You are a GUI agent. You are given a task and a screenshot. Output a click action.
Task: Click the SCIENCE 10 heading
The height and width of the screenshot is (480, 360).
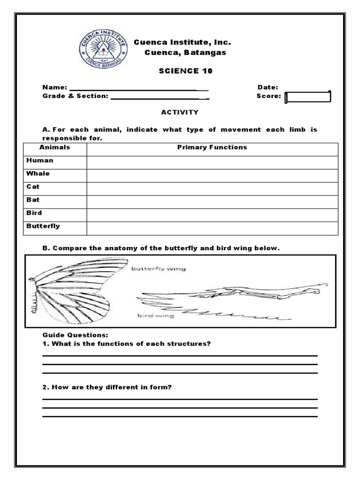pos(185,71)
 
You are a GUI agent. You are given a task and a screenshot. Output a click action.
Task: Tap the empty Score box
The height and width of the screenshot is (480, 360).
pos(308,97)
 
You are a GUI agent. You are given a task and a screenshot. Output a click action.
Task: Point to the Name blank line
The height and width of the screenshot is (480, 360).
pos(138,89)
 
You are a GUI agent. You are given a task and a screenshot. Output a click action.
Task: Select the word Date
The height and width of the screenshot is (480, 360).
pos(267,87)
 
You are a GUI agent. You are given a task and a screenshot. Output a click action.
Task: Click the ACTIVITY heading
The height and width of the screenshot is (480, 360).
pos(180,112)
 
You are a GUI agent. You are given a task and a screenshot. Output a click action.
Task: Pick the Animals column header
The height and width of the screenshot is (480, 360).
pos(55,147)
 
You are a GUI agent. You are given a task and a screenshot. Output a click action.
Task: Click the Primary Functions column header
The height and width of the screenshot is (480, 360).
pos(212,147)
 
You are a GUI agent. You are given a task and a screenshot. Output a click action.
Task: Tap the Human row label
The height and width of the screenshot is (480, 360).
pos(40,160)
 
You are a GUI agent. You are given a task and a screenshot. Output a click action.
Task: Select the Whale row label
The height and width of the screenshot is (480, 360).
pos(38,173)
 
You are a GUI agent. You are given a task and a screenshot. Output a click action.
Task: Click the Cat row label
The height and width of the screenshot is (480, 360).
pos(33,187)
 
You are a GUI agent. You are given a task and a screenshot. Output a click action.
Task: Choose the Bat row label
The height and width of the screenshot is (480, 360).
pos(33,200)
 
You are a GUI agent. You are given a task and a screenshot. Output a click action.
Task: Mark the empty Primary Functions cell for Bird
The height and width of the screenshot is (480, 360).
pos(212,215)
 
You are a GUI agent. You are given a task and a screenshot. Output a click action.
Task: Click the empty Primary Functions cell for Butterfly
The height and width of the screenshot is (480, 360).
pos(212,228)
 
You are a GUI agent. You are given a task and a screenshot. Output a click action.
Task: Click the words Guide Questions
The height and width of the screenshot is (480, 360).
pos(75,335)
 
